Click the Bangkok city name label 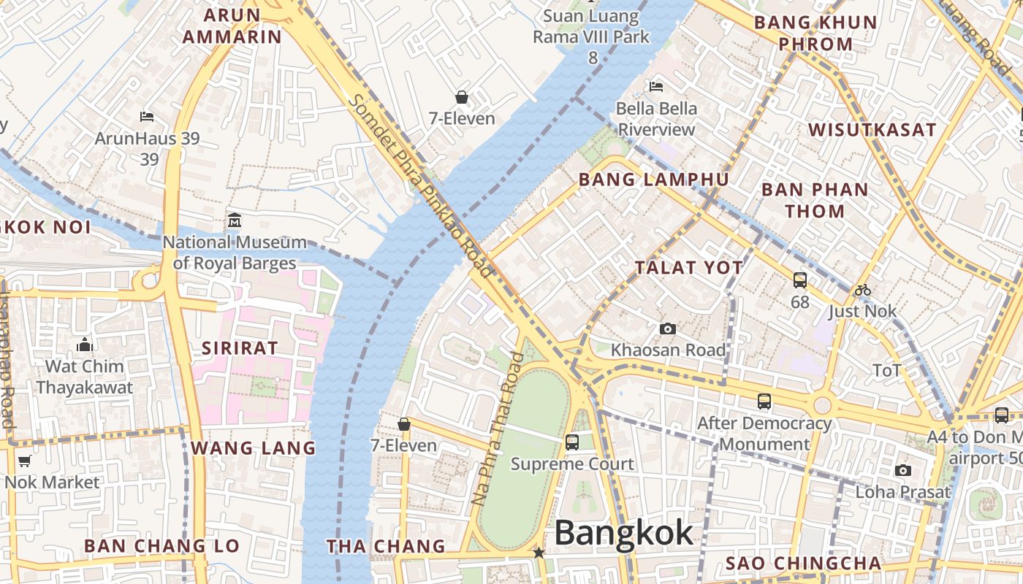coord(623,533)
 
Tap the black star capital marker coord(539,553)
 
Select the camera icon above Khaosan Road coord(667,329)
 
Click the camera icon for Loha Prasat coord(903,471)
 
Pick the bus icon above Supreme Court coord(571,442)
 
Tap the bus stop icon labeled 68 coord(800,280)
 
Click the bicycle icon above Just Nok coord(862,290)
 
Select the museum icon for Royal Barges coord(235,220)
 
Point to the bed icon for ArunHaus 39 coord(147,117)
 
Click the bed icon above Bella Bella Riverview coord(656,87)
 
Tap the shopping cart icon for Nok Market coord(24,461)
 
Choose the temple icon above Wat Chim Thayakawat coord(85,345)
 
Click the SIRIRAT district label coord(240,348)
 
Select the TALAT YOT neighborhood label coord(688,268)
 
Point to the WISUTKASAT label coord(872,130)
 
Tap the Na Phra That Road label coord(498,429)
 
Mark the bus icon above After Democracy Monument coord(764,401)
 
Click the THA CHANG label coord(385,546)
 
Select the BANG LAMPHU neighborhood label coord(653,180)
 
